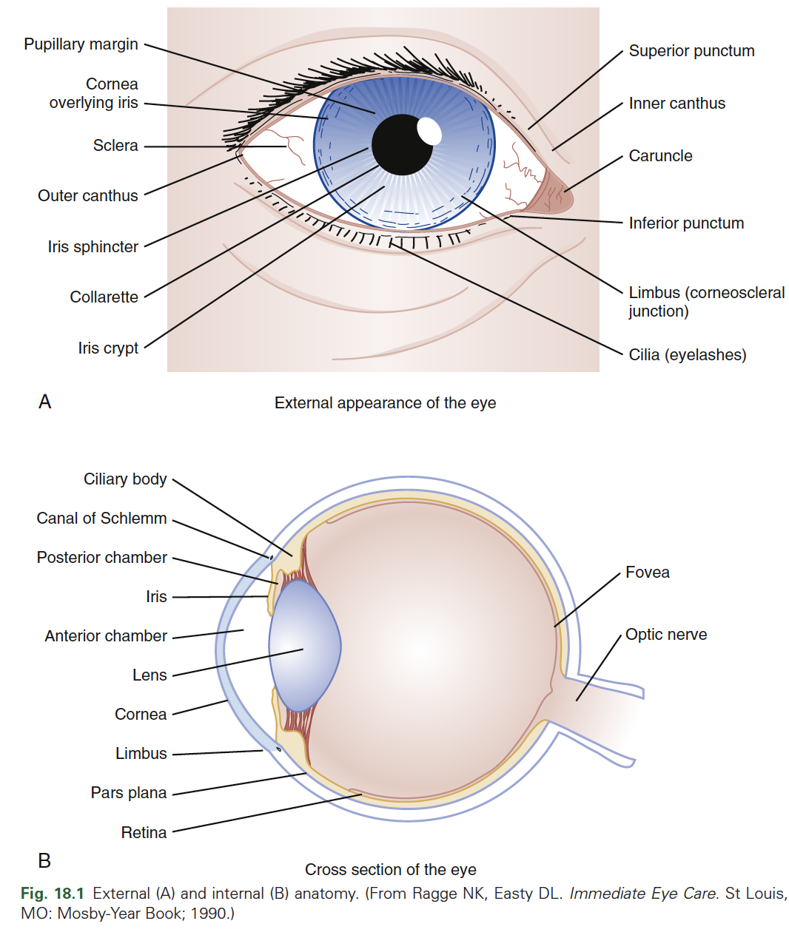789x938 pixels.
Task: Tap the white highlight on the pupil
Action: click(x=429, y=131)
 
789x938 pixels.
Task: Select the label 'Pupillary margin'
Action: click(x=81, y=44)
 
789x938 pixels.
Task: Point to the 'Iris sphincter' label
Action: click(x=93, y=247)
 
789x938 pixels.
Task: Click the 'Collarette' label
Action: click(x=104, y=297)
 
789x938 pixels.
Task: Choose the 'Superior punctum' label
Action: click(x=691, y=51)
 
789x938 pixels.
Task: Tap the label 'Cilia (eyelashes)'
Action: click(x=687, y=355)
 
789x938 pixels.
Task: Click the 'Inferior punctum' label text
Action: click(x=686, y=223)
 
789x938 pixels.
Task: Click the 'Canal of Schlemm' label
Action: click(x=102, y=519)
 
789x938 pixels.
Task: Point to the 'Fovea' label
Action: click(x=647, y=573)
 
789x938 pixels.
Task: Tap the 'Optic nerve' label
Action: click(x=665, y=635)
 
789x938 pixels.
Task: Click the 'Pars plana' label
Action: click(x=129, y=793)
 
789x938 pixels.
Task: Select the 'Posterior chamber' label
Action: click(x=102, y=558)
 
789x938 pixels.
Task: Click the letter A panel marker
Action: click(x=45, y=402)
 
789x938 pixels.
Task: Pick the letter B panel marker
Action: click(x=44, y=861)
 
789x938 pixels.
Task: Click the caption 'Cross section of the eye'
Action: click(x=390, y=870)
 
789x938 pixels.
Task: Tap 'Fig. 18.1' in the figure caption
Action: click(x=53, y=894)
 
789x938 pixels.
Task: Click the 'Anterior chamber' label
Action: click(x=106, y=636)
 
